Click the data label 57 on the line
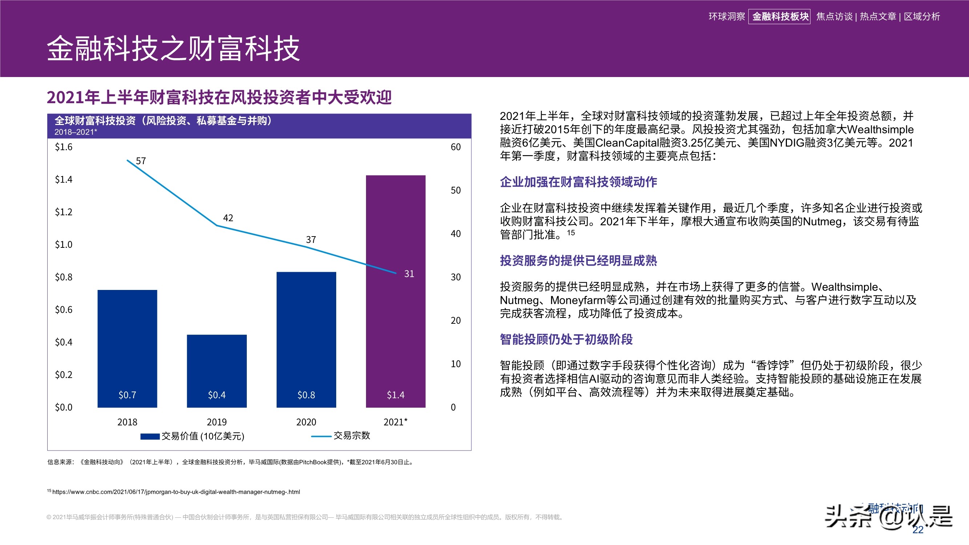[141, 161]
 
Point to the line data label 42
[228, 218]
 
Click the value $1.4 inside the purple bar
[395, 395]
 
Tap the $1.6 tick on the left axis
[64, 147]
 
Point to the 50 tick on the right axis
[455, 190]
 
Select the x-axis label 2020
[306, 422]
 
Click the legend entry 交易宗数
[351, 436]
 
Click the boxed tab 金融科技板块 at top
[780, 17]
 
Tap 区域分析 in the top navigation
[922, 17]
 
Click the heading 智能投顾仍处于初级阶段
[566, 339]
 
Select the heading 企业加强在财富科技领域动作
[578, 182]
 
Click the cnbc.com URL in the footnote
[176, 492]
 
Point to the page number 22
[918, 530]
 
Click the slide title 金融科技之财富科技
[173, 49]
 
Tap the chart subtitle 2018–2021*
[76, 132]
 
